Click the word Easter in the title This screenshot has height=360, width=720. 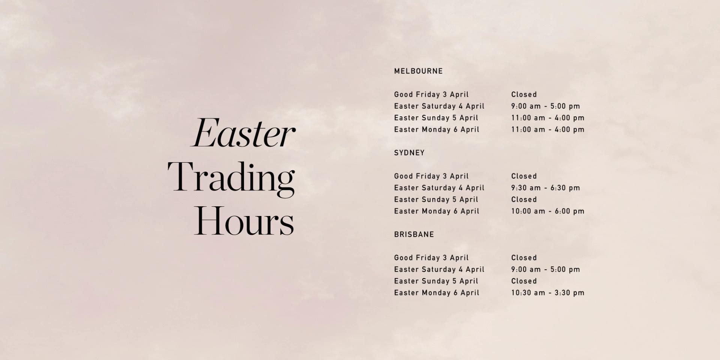click(x=243, y=133)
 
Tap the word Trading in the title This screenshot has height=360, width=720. click(x=231, y=177)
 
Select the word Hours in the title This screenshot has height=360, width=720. click(x=243, y=221)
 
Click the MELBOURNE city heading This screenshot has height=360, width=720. click(x=418, y=71)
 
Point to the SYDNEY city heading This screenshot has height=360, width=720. click(x=409, y=153)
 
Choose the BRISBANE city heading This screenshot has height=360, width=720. click(x=414, y=234)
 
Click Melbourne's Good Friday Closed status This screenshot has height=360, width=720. click(x=524, y=94)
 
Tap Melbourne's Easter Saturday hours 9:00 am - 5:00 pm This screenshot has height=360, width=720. click(x=545, y=106)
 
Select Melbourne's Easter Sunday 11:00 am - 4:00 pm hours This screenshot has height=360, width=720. click(x=547, y=118)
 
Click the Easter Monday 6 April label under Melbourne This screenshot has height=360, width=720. click(x=436, y=129)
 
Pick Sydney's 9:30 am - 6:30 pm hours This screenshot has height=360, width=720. click(x=545, y=188)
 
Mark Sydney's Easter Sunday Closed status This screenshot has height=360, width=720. click(x=524, y=199)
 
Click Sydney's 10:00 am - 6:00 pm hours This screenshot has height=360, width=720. click(x=547, y=211)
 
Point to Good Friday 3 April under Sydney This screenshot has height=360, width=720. click(x=431, y=176)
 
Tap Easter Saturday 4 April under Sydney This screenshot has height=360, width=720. click(x=439, y=188)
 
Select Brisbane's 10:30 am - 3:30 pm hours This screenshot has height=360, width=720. click(x=547, y=293)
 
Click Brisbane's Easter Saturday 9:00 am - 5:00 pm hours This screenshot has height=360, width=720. click(x=545, y=269)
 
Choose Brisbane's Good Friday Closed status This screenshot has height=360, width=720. click(x=524, y=258)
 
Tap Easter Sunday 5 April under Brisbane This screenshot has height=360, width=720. click(x=436, y=281)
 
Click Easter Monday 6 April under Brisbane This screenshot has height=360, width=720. click(x=436, y=293)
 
